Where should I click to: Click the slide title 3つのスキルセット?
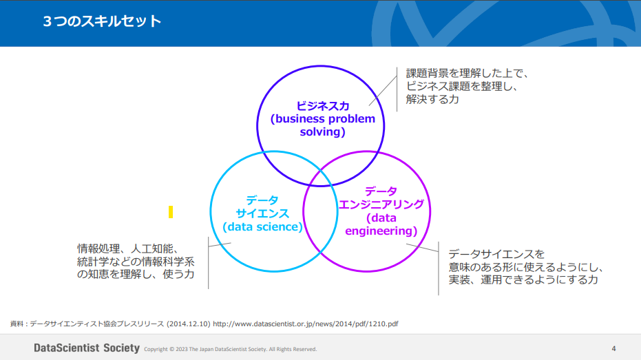pyautogui.click(x=102, y=21)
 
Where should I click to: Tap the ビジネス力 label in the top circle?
pyautogui.click(x=322, y=106)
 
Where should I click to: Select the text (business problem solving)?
pyautogui.click(x=322, y=125)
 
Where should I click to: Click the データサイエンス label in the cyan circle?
pyautogui.click(x=262, y=207)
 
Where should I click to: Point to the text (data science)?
pyautogui.click(x=262, y=226)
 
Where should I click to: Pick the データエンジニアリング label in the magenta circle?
pyautogui.click(x=381, y=198)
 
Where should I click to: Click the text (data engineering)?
pyautogui.click(x=381, y=224)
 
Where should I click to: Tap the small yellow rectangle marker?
pyautogui.click(x=171, y=212)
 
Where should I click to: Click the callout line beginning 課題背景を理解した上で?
pyautogui.click(x=467, y=73)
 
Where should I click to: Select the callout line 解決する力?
pyautogui.click(x=432, y=99)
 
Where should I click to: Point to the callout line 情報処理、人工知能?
pyautogui.click(x=128, y=248)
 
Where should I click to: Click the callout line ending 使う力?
pyautogui.click(x=136, y=274)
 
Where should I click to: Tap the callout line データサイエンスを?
pyautogui.click(x=496, y=254)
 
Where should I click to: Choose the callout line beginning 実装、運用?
pyautogui.click(x=523, y=280)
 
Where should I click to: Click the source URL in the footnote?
pyautogui.click(x=306, y=324)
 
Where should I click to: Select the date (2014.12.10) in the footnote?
pyautogui.click(x=189, y=324)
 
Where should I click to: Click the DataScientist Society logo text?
pyautogui.click(x=87, y=348)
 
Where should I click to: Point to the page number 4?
pyautogui.click(x=613, y=348)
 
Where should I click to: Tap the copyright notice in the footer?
pyautogui.click(x=231, y=349)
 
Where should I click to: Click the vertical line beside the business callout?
pyautogui.click(x=397, y=89)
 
